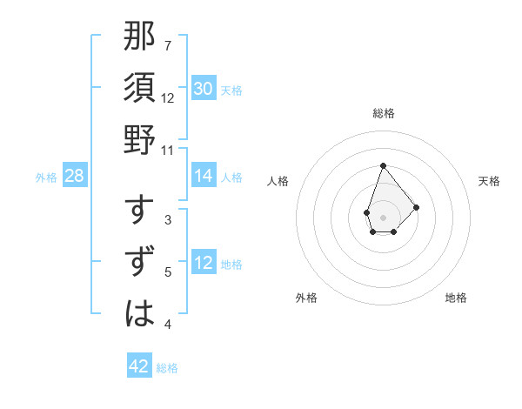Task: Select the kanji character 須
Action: (140, 90)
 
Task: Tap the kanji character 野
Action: (140, 139)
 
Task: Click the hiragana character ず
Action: (140, 262)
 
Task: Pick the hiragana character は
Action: (140, 312)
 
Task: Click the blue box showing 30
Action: (204, 89)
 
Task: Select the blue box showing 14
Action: (204, 176)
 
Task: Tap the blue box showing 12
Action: (204, 263)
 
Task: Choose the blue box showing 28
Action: (75, 176)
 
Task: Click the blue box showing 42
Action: (139, 366)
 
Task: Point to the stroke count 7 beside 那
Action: (168, 45)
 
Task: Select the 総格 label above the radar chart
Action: (383, 113)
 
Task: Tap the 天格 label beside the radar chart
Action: (490, 181)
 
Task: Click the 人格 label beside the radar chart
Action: (278, 181)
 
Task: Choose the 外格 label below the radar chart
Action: (306, 298)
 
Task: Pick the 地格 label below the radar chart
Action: (456, 298)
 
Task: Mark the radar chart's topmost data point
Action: (383, 165)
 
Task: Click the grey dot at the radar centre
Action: (383, 216)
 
